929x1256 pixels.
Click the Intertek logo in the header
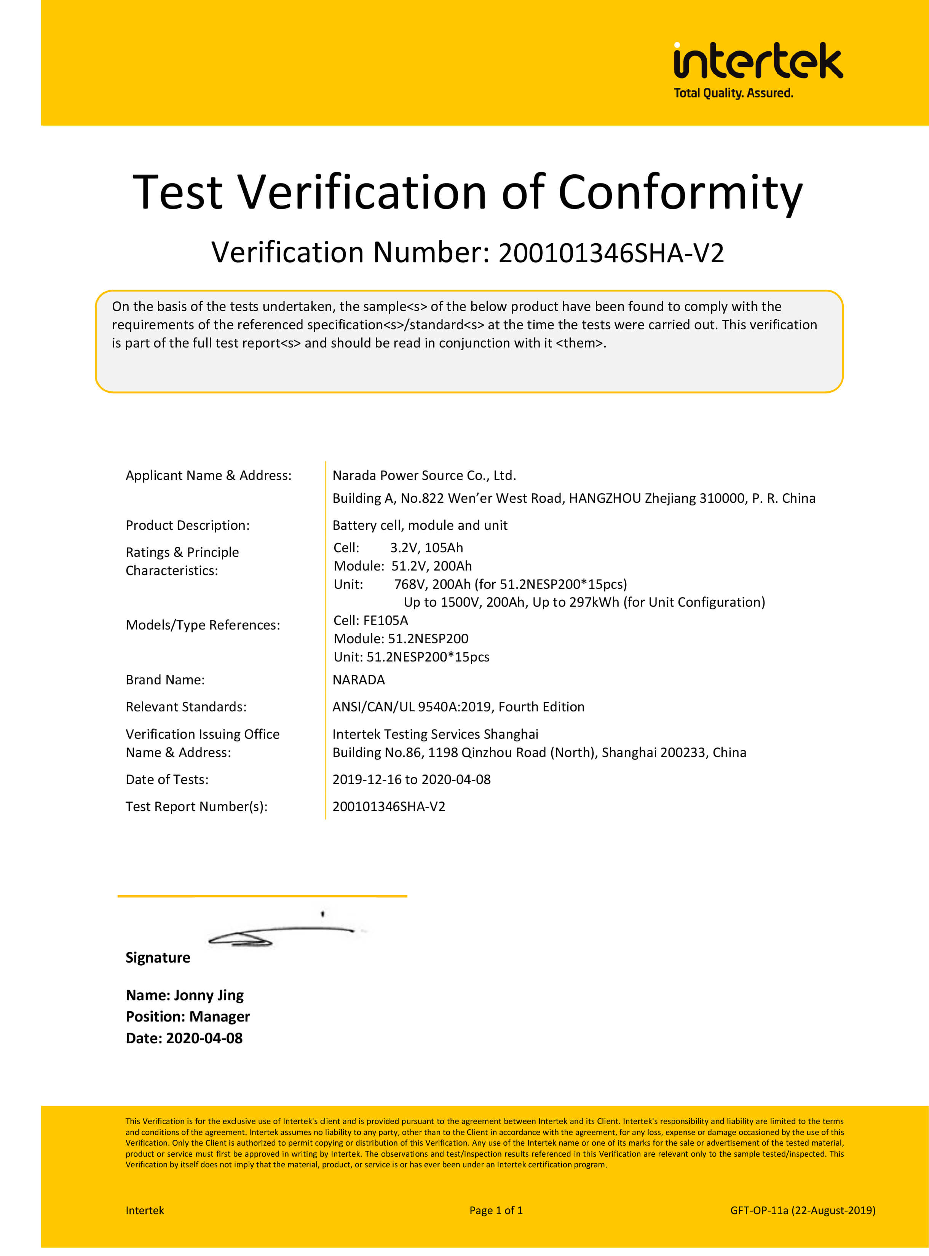coord(758,61)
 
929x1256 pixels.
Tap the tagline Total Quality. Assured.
coord(733,93)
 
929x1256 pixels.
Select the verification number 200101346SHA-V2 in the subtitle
coord(611,253)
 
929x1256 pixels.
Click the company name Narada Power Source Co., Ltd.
coord(424,476)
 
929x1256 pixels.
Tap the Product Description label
coord(188,526)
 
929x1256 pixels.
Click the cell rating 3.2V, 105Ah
coord(426,548)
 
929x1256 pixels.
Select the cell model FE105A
coord(385,621)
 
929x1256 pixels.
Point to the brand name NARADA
coord(359,680)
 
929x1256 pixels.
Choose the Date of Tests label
coord(167,780)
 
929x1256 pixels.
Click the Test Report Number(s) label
coord(196,807)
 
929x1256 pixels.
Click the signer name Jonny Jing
coord(209,996)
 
